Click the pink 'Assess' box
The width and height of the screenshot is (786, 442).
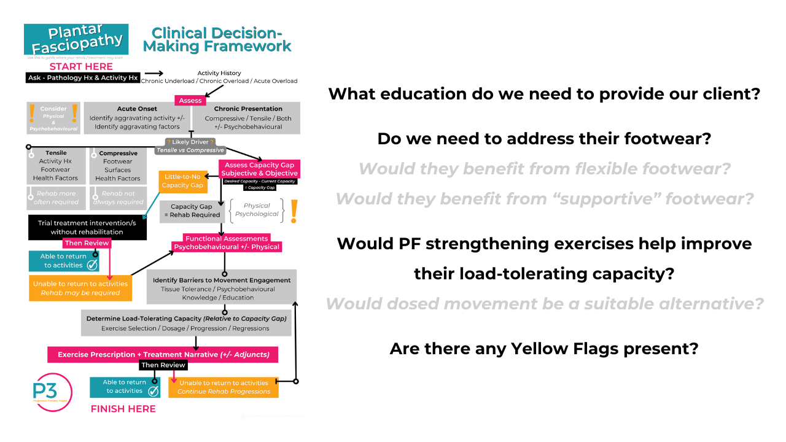pos(190,101)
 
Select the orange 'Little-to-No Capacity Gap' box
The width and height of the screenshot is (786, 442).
pos(183,180)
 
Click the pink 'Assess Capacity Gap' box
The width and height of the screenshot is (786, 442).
pos(259,169)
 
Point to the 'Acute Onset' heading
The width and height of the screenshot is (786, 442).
pos(137,109)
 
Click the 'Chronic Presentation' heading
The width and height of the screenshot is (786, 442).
pos(248,109)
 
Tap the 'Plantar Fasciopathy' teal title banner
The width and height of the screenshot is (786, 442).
pos(77,39)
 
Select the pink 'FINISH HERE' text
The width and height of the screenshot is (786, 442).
pos(123,409)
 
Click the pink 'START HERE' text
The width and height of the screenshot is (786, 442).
pos(81,66)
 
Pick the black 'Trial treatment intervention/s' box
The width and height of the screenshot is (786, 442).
pos(87,227)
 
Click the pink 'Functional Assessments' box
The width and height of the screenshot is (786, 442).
pos(227,242)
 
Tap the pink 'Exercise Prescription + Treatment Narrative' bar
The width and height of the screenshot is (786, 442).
pos(163,355)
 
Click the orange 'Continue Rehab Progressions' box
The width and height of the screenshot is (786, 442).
pos(224,387)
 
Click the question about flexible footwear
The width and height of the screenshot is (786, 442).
pos(544,168)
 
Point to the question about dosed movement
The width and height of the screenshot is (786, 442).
pos(544,303)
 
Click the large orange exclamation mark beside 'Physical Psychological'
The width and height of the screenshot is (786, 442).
pos(294,211)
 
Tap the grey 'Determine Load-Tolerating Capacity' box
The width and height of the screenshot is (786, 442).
pos(186,323)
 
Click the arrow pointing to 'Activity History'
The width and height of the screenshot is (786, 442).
pos(154,73)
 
